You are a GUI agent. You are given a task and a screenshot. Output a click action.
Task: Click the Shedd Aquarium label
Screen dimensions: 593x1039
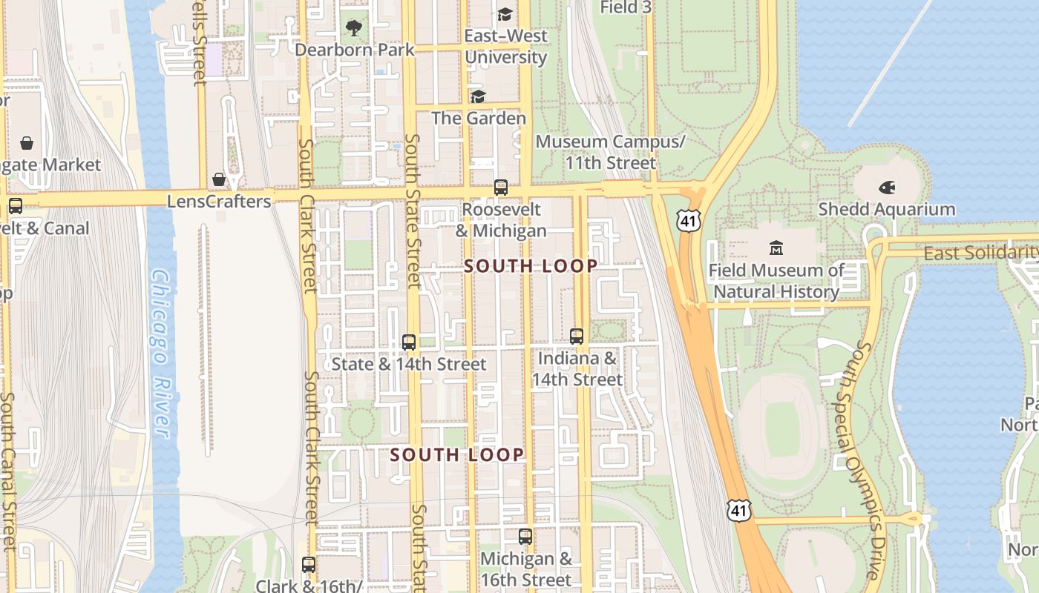(886, 210)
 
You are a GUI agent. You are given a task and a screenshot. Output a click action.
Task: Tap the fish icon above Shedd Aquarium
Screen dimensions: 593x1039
(887, 188)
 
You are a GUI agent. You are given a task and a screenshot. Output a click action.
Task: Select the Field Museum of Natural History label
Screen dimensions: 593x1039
(776, 281)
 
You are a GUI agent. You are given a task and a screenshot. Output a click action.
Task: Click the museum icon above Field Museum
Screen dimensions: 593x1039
(776, 248)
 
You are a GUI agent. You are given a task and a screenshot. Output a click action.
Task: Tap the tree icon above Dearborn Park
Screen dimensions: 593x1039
(353, 28)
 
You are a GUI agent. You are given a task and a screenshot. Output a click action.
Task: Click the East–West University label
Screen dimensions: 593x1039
(506, 46)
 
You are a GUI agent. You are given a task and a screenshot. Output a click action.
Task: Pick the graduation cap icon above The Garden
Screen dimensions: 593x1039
(478, 96)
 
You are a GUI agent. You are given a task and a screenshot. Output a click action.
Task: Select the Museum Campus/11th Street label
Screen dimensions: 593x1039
(610, 152)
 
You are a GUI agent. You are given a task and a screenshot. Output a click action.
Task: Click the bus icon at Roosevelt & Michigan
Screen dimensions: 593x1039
(501, 188)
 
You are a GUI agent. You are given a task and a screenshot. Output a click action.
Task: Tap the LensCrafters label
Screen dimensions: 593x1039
(219, 202)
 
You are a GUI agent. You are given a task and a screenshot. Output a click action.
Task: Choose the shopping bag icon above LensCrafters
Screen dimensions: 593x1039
(219, 179)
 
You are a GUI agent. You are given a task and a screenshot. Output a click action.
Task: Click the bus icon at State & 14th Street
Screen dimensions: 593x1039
(409, 342)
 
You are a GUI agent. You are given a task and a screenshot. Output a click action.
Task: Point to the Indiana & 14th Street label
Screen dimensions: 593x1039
(577, 369)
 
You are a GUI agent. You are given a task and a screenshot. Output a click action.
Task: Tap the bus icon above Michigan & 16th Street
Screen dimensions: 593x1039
(525, 536)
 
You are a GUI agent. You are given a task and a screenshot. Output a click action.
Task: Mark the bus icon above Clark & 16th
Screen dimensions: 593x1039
(309, 564)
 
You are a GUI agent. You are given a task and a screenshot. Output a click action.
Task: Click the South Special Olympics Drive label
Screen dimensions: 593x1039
(865, 460)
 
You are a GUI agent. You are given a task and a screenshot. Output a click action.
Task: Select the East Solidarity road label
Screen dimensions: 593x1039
(980, 254)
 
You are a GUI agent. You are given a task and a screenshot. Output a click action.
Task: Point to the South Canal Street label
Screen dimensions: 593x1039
(8, 471)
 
